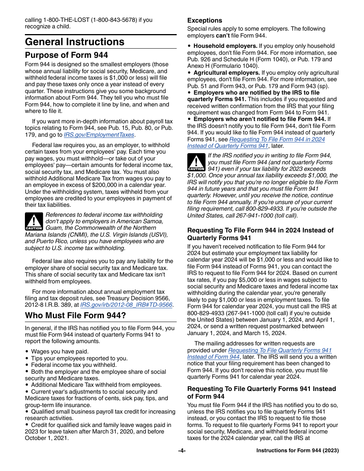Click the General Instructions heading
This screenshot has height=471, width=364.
point(75,42)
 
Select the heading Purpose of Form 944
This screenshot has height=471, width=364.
point(66,55)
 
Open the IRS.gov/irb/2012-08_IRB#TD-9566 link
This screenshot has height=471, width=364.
point(126,305)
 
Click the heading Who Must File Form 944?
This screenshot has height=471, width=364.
point(75,316)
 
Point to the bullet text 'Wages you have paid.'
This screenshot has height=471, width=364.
point(60,352)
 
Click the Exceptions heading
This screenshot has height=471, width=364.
point(205,21)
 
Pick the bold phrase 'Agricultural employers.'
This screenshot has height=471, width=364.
point(227,73)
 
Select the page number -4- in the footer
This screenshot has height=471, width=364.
point(182,451)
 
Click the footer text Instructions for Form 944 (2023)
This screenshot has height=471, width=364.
point(297,451)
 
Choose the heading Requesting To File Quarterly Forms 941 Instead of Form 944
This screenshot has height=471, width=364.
point(261,392)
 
